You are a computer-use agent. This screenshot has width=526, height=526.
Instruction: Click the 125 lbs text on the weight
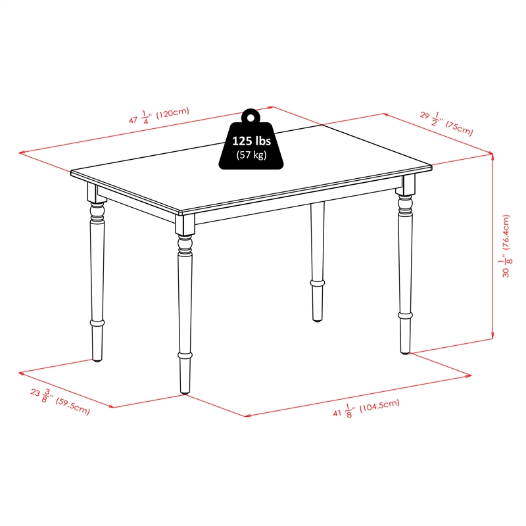click(x=251, y=141)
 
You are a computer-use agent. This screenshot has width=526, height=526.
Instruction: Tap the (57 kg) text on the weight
click(x=251, y=155)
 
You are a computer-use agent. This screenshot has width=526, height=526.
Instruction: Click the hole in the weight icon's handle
click(x=251, y=118)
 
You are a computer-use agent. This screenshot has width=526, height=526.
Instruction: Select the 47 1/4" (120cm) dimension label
click(x=159, y=116)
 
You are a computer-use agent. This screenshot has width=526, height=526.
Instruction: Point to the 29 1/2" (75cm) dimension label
click(x=446, y=123)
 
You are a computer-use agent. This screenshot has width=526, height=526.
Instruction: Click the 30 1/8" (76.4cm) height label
click(x=506, y=246)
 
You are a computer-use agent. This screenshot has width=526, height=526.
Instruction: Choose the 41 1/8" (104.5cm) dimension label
click(x=366, y=408)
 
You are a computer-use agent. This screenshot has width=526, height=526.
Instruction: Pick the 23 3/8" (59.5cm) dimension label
click(x=60, y=401)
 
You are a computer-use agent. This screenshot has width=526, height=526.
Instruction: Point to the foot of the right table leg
click(x=405, y=352)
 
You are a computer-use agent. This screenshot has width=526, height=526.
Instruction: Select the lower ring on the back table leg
click(x=317, y=283)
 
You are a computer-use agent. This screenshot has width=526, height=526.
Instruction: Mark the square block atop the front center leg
click(x=185, y=224)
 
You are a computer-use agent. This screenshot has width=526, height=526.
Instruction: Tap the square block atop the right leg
click(x=405, y=185)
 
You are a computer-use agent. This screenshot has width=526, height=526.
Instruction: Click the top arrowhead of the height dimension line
click(x=492, y=156)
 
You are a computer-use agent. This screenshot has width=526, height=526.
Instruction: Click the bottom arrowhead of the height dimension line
click(x=492, y=336)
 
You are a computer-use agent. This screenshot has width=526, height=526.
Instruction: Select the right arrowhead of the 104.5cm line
click(x=468, y=376)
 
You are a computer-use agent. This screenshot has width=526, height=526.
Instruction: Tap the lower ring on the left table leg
click(x=97, y=323)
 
